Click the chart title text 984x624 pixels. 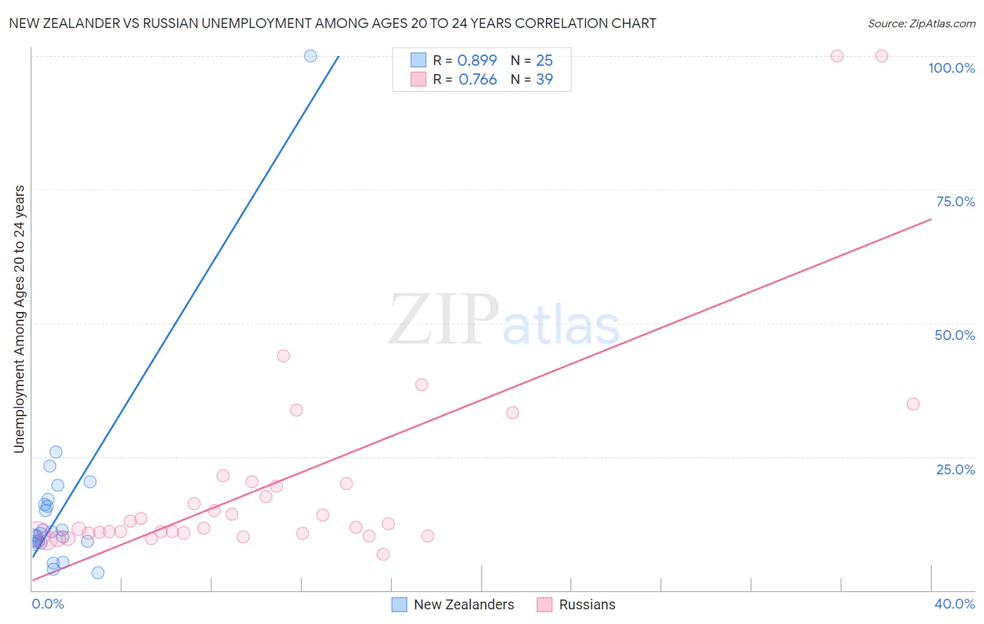(332, 23)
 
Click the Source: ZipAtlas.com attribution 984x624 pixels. (921, 23)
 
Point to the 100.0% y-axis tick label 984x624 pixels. (951, 68)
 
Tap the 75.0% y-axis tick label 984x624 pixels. (955, 201)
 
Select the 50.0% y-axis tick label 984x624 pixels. (955, 335)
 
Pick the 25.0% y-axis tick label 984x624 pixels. (955, 469)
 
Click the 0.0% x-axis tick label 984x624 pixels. (48, 604)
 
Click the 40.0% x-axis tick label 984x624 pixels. (954, 604)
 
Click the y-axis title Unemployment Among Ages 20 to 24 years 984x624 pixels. (20, 318)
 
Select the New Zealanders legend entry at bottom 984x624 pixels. (463, 604)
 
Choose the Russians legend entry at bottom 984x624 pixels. (586, 604)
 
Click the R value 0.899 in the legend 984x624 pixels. (477, 60)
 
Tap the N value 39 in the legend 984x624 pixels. (544, 80)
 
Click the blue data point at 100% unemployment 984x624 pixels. (311, 56)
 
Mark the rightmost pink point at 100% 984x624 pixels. (882, 56)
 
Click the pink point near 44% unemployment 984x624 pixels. (283, 355)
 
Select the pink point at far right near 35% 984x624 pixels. (913, 404)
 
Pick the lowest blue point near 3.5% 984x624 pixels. (98, 573)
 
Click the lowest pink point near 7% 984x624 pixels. (383, 554)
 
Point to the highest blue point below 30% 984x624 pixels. (56, 452)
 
